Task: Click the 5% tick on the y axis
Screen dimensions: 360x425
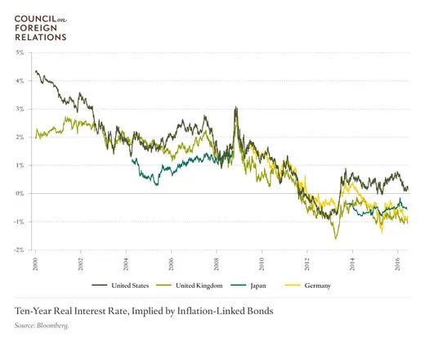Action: coord(20,52)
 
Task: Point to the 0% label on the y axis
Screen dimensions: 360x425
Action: coord(20,193)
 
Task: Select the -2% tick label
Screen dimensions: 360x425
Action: coord(19,250)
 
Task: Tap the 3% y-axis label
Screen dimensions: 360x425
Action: coord(20,109)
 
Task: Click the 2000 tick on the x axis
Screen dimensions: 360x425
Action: coord(36,263)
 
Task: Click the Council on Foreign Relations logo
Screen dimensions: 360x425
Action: coord(42,25)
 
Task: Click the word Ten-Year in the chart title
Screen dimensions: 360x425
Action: coord(34,312)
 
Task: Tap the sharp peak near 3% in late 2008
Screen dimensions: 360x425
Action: coord(236,107)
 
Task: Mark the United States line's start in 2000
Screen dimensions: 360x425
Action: coord(36,71)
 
